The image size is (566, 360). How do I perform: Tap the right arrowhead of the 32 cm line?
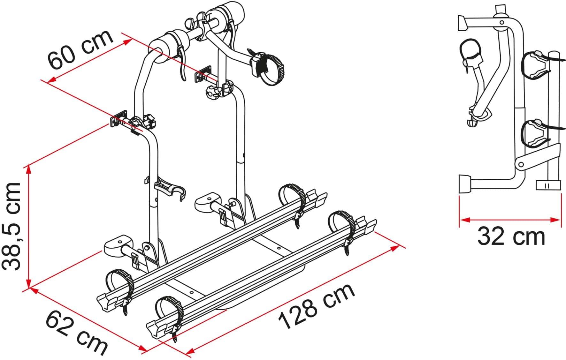pyautogui.click(x=556, y=220)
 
